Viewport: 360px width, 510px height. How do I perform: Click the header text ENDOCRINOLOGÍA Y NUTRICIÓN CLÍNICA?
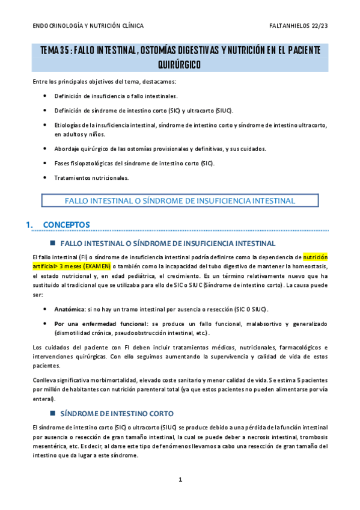88,26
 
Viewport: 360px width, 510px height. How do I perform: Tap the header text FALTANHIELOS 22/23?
299,26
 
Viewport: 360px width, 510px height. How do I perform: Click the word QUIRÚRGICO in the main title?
180,64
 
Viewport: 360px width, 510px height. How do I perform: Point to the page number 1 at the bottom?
180,479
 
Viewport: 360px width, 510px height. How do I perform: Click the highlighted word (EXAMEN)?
97,266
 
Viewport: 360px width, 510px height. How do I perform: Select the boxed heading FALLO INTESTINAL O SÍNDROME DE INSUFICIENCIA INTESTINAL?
179,200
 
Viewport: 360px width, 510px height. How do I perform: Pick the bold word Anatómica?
69,309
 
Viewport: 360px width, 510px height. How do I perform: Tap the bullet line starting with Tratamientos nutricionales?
91,177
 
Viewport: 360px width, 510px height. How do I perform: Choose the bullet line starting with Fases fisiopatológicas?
133,163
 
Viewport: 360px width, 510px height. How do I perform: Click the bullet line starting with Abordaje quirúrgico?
160,149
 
